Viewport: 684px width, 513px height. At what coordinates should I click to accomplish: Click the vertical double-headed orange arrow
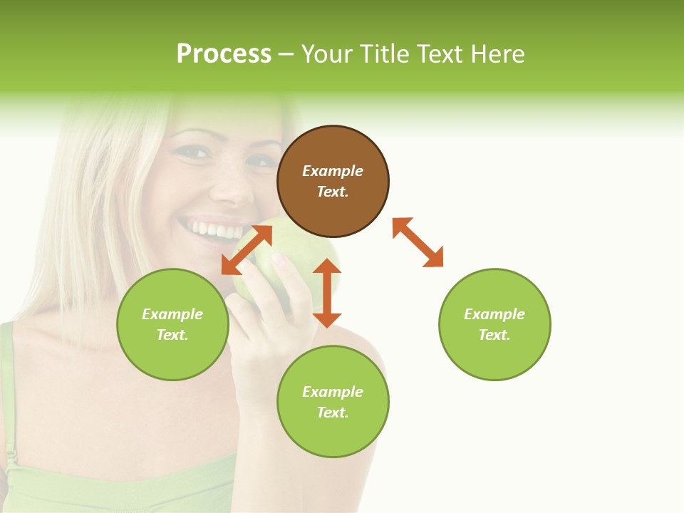(327, 293)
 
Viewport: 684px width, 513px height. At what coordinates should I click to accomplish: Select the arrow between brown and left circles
(247, 250)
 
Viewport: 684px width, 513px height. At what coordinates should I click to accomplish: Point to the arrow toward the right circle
(418, 242)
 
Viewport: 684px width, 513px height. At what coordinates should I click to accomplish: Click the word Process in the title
(224, 53)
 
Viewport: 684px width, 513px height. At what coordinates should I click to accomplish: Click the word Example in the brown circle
(333, 171)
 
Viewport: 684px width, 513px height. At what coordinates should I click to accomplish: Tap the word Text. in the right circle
(494, 335)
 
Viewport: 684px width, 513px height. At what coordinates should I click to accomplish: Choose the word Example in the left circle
(172, 314)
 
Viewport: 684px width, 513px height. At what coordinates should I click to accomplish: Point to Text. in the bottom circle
(333, 413)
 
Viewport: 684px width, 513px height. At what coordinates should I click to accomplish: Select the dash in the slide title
(286, 54)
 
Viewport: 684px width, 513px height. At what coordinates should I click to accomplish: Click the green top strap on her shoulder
(7, 370)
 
